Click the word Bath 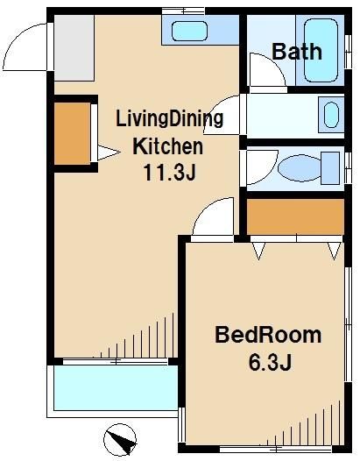(296, 51)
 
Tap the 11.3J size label (169, 172)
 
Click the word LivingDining (169, 119)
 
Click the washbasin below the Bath (329, 115)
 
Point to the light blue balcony (114, 390)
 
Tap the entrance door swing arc (25, 48)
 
